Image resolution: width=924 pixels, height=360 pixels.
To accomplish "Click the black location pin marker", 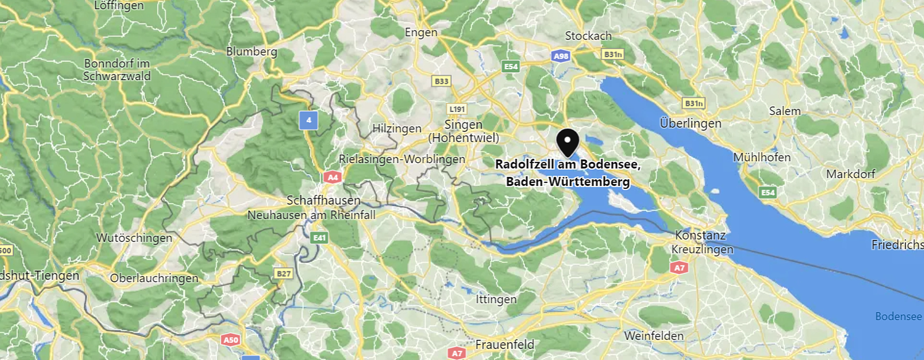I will pos(568,142).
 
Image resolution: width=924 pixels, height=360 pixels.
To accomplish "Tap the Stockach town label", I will pos(588,36).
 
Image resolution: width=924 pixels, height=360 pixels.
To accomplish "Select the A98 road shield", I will pos(561,56).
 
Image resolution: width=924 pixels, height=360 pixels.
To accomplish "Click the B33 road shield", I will pos(441,81).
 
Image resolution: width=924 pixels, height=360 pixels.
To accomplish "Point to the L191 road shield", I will pos(457,109).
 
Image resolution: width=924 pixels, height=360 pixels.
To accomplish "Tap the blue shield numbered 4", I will pos(308,120).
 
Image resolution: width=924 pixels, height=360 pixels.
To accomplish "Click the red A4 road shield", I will pos(333,177).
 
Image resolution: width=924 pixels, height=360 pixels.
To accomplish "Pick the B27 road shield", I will pos(283,274).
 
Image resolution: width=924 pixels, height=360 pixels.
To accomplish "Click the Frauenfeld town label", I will pos(505,345).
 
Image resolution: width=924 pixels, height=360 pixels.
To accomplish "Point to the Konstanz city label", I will pos(700,235).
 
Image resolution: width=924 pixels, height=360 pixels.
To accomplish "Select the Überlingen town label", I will pos(690,123).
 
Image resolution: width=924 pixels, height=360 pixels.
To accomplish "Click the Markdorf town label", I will pos(850,174).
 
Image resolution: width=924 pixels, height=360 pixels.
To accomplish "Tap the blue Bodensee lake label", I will pos(898,316).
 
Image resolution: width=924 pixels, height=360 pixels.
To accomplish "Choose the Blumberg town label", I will pos(251,52).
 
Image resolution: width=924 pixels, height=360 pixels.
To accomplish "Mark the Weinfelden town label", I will pos(654,336).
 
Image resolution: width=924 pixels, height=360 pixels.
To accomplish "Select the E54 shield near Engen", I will pos(511,66).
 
